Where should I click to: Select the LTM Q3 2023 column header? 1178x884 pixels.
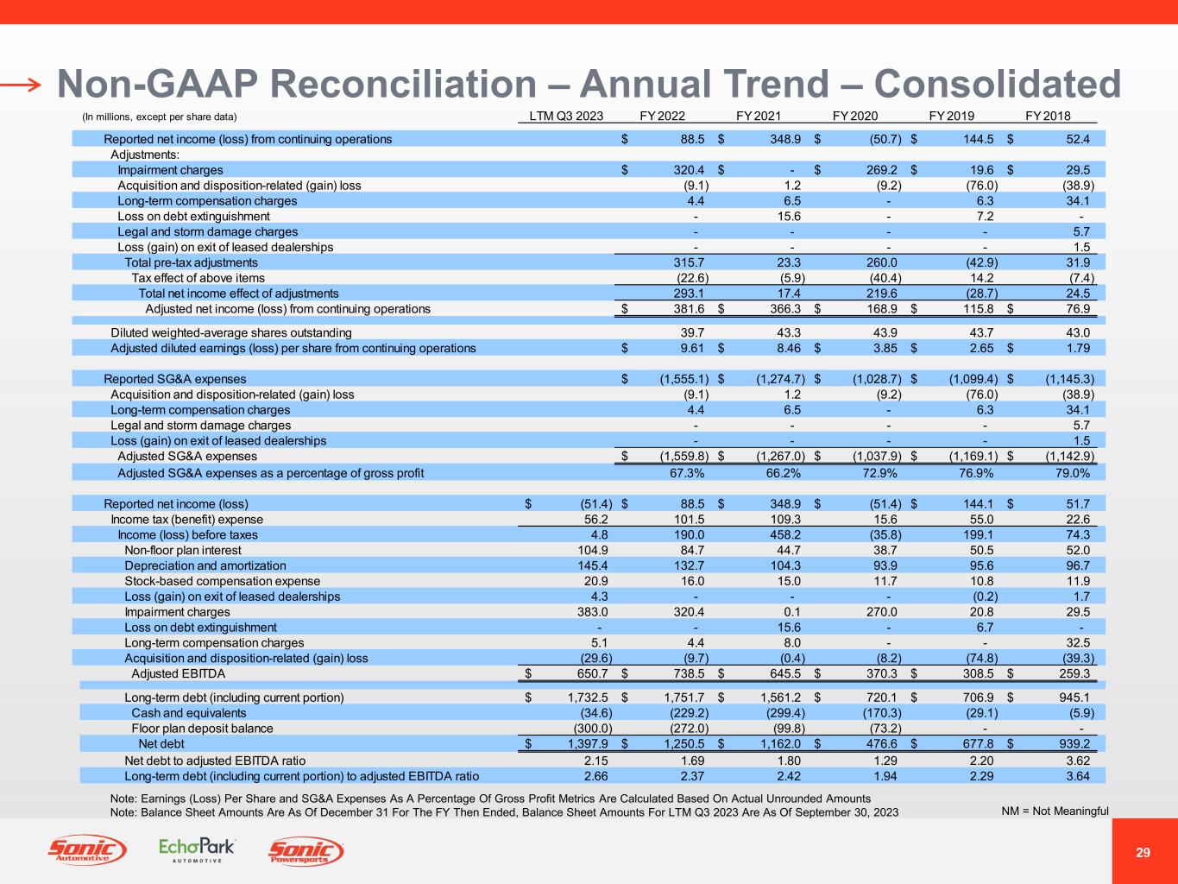tap(566, 116)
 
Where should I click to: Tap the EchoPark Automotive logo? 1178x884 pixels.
tap(197, 850)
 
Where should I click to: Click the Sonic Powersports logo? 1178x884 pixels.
tap(306, 851)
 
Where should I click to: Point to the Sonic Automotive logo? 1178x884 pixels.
tap(86, 851)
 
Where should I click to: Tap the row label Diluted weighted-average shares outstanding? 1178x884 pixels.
tap(231, 333)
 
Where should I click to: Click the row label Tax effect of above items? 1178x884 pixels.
tap(198, 278)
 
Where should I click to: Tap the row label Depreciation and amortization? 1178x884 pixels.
tap(205, 565)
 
